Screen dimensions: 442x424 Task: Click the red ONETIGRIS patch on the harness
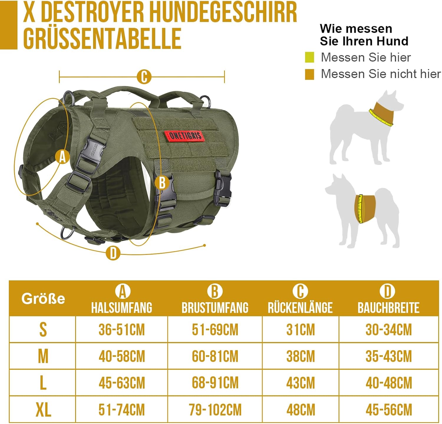(x=184, y=135)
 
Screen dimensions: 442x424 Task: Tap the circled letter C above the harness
(x=144, y=77)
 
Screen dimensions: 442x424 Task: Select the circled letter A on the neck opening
(x=62, y=157)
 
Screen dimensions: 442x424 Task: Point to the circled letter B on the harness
(x=162, y=183)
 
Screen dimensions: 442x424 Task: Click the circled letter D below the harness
(x=113, y=253)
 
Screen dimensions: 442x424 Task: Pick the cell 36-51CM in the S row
(x=122, y=330)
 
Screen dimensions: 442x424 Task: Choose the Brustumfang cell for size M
(x=215, y=356)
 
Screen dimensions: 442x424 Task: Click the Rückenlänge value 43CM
(x=301, y=383)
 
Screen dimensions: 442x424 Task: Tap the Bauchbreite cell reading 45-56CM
(x=389, y=410)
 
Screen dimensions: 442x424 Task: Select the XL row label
(x=43, y=410)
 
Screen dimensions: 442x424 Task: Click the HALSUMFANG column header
(x=122, y=307)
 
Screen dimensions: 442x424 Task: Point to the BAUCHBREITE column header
(x=388, y=307)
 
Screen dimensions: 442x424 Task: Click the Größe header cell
(x=43, y=298)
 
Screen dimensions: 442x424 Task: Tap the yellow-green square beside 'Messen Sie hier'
(x=309, y=57)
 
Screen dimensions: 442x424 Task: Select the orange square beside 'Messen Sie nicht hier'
(x=309, y=74)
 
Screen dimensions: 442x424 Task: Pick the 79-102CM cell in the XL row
(x=215, y=410)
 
